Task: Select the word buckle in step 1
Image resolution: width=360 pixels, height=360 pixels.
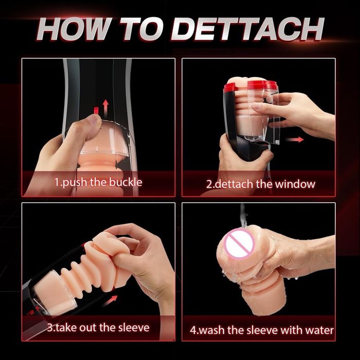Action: tap(125, 182)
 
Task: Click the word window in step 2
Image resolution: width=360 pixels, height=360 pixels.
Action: tap(295, 184)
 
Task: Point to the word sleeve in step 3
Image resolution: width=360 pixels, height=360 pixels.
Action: tap(134, 328)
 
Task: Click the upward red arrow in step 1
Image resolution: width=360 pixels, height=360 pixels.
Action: tap(105, 109)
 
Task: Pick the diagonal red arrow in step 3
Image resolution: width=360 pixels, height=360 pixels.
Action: tap(110, 301)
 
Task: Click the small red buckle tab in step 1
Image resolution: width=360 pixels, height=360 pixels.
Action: tap(96, 110)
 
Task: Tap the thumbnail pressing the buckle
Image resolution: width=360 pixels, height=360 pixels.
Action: tap(96, 120)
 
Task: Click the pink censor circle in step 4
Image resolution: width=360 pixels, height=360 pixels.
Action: tap(240, 244)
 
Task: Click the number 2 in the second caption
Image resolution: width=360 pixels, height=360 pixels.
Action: tap(209, 185)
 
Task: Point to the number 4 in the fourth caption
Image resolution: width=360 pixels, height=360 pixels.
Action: tap(193, 330)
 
